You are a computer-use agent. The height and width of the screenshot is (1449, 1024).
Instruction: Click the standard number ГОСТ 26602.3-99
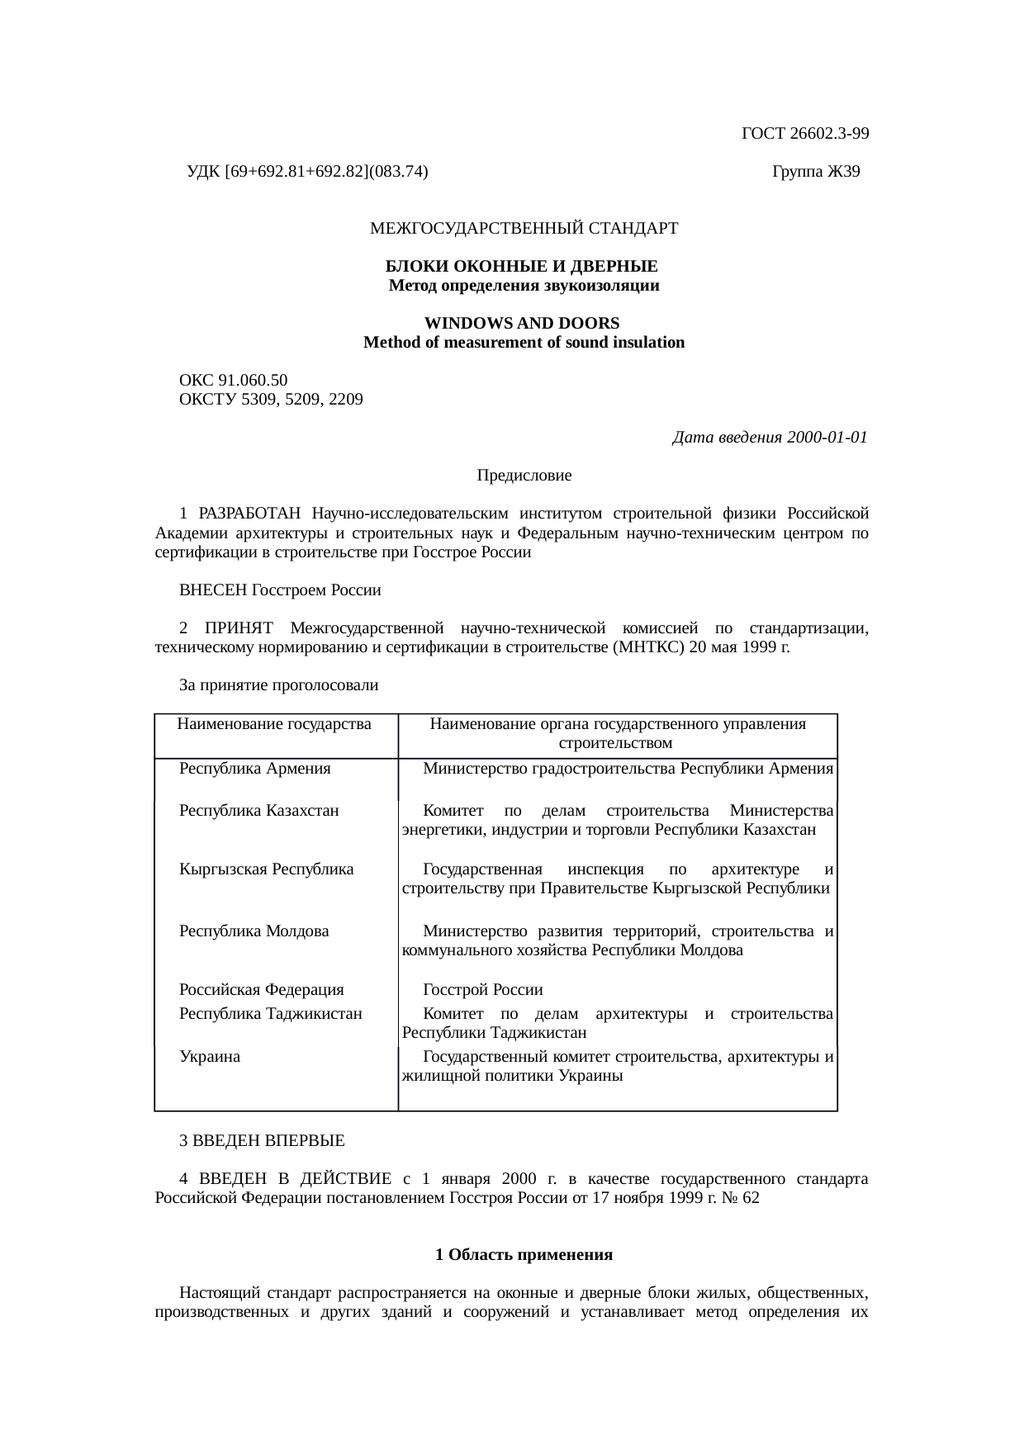click(804, 134)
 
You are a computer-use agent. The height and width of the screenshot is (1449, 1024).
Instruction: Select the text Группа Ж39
click(816, 173)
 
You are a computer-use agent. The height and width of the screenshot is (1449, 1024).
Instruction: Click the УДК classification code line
click(307, 173)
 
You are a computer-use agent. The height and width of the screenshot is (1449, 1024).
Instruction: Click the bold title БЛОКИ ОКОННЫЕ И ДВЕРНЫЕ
click(522, 268)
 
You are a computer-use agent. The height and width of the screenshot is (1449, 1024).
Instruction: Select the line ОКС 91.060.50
click(234, 381)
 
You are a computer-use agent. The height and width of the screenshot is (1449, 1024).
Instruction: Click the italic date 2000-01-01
click(827, 438)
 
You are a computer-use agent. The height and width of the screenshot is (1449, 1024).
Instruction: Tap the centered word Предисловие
click(524, 476)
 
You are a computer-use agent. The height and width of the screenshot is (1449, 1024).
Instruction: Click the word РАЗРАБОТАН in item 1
click(249, 514)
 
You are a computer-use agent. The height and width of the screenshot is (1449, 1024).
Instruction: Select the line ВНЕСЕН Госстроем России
click(280, 591)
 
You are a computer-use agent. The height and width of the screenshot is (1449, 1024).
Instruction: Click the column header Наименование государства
click(274, 725)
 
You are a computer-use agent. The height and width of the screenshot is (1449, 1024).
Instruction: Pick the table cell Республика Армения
click(255, 769)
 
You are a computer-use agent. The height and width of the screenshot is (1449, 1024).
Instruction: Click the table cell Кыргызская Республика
click(267, 869)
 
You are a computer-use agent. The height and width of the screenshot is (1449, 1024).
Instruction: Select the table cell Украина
click(211, 1057)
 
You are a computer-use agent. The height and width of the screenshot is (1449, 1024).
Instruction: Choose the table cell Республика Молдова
click(254, 931)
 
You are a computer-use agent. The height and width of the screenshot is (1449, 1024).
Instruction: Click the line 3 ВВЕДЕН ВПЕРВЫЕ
click(262, 1142)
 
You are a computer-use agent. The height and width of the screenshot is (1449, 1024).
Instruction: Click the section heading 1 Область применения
click(524, 1255)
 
